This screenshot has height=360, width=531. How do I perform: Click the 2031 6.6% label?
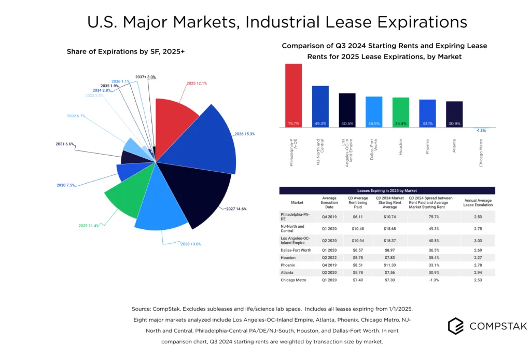point(65,144)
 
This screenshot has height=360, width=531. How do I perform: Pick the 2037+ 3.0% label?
point(145,77)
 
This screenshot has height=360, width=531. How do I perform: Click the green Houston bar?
point(400,112)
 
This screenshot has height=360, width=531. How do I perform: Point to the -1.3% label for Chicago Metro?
point(481,130)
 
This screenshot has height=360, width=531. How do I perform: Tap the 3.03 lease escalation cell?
point(478,240)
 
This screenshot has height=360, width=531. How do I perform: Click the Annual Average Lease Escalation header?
point(478,203)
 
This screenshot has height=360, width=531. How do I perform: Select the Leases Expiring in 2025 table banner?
point(387,190)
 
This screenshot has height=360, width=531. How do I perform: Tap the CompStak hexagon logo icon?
point(456,325)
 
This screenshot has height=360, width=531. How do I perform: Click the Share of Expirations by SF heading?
point(111,51)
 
